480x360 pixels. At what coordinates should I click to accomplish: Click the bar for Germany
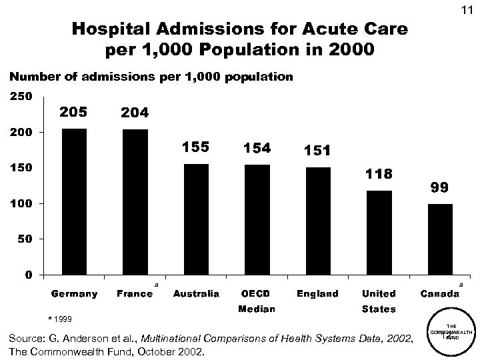pyautogui.click(x=74, y=201)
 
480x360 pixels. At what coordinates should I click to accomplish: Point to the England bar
pyautogui.click(x=318, y=220)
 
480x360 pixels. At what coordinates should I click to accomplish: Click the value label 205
pyautogui.click(x=73, y=111)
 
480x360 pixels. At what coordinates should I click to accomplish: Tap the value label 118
pyautogui.click(x=379, y=174)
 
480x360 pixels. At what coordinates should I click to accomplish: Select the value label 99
pyautogui.click(x=439, y=188)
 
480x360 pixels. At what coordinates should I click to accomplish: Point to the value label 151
pyautogui.click(x=317, y=151)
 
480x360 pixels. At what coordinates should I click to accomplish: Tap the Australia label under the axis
pyautogui.click(x=196, y=293)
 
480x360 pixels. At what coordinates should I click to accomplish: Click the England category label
pyautogui.click(x=317, y=293)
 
